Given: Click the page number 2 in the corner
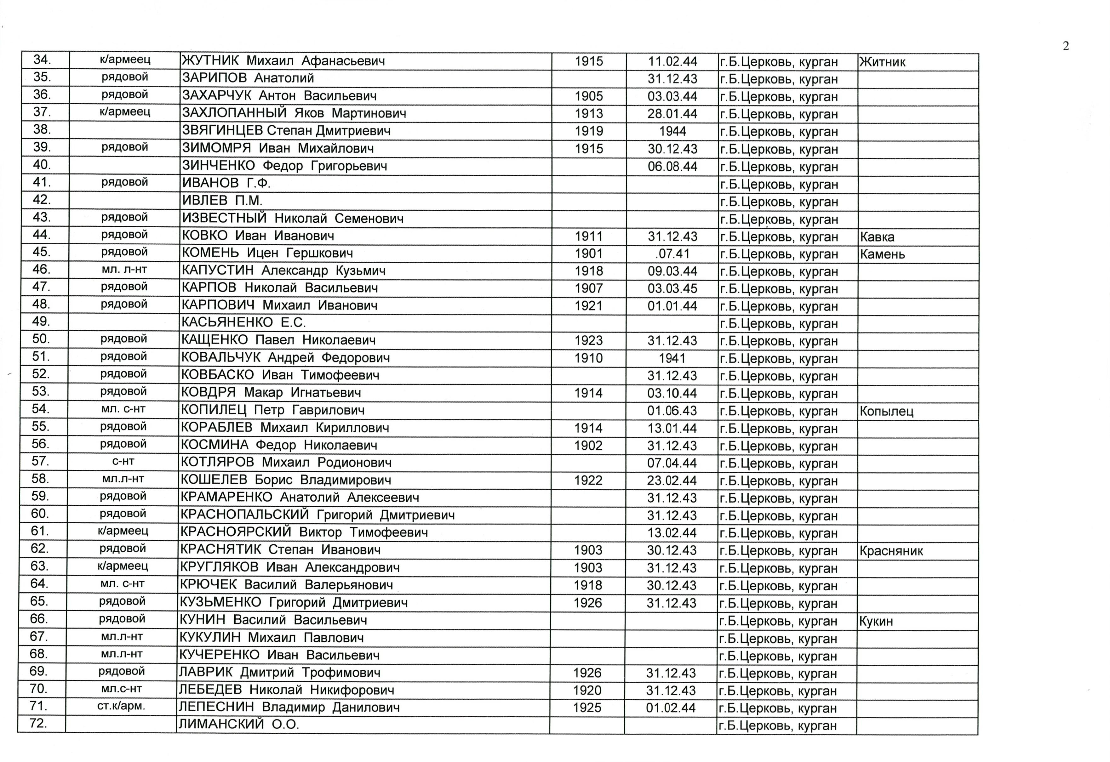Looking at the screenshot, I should (1066, 46).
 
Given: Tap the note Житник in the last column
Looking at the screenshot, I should (882, 62).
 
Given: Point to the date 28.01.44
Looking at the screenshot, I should (672, 114).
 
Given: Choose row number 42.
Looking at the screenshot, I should (42, 200).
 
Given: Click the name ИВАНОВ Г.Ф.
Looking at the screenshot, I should (226, 183).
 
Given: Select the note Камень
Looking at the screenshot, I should (882, 254).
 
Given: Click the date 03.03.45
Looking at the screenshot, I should (672, 289).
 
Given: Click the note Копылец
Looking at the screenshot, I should (886, 411).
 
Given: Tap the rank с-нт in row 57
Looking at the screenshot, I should (123, 462).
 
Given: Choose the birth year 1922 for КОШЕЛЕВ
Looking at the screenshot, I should (588, 480).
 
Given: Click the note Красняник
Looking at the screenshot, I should (891, 551).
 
